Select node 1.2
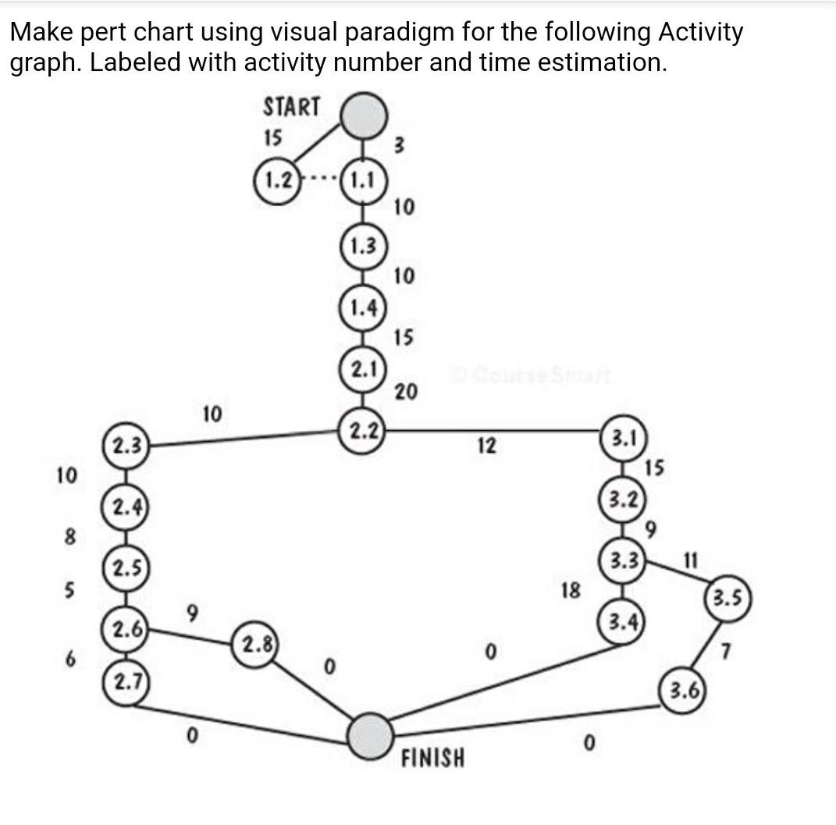pyautogui.click(x=278, y=182)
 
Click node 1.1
pyautogui.click(x=361, y=182)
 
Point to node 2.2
pyautogui.click(x=361, y=429)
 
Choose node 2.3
pyautogui.click(x=125, y=446)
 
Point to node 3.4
pyautogui.click(x=622, y=622)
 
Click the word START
pyautogui.click(x=291, y=107)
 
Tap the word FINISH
pyautogui.click(x=432, y=757)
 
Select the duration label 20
pyautogui.click(x=405, y=391)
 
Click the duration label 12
pyautogui.click(x=486, y=446)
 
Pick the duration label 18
pyautogui.click(x=570, y=590)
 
